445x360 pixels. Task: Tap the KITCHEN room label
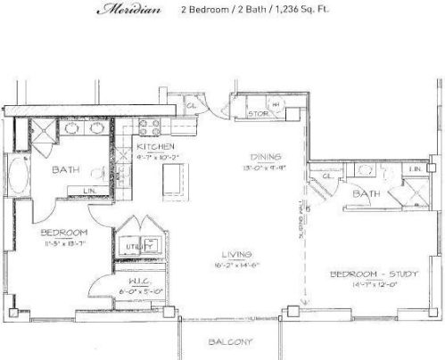[155, 145]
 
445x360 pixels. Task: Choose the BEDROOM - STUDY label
[373, 273]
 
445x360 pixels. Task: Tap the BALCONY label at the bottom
[231, 342]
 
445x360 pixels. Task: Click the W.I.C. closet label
[128, 278]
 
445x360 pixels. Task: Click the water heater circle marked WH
[276, 105]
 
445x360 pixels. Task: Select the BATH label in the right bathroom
[367, 192]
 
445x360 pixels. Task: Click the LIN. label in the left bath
[90, 191]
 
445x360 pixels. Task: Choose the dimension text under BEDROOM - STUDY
[374, 285]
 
